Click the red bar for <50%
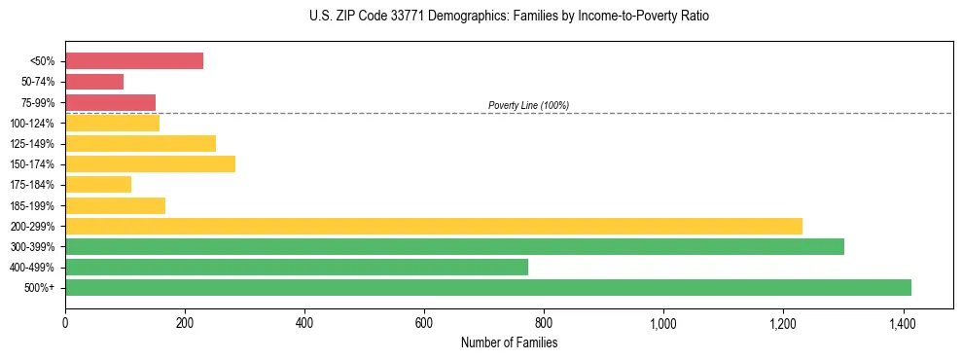pos(134,60)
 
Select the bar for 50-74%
pos(94,82)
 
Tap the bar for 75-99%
pos(110,102)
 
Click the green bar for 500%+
pos(488,287)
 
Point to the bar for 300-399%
pos(454,246)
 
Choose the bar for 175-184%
pos(98,185)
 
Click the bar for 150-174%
pos(150,163)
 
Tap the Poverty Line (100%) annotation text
pos(528,105)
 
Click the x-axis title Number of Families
pos(509,343)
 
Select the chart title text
pos(509,17)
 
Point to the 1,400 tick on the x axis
pos(903,322)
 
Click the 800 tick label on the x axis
pos(544,322)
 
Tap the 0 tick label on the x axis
pos(65,322)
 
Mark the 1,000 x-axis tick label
pos(663,322)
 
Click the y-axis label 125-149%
pos(32,144)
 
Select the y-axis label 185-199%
pos(32,205)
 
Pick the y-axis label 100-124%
pos(32,123)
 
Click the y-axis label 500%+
pos(40,288)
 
